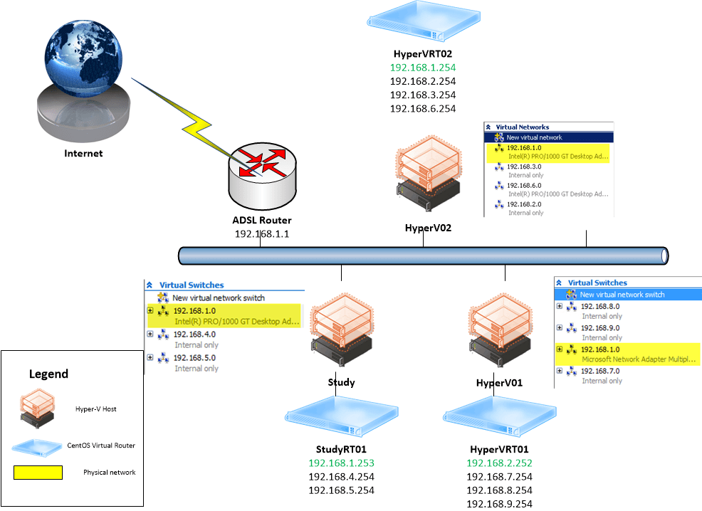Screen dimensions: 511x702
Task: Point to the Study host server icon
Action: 342,332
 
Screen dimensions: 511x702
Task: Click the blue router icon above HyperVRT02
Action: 422,23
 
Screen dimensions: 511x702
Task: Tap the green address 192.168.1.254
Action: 423,68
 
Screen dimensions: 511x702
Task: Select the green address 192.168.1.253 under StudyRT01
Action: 341,463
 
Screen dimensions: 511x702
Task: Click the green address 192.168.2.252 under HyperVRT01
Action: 499,463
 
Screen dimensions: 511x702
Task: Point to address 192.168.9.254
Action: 499,504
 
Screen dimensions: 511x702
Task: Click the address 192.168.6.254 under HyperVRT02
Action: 423,108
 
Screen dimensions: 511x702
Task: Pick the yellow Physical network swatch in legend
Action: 38,472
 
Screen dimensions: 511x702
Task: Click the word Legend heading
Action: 48,374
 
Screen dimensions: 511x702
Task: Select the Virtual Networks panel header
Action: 523,127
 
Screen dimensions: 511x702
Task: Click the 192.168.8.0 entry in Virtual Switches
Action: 601,306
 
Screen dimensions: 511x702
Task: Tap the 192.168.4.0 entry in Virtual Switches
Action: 194,334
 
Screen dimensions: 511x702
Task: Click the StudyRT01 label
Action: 341,450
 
